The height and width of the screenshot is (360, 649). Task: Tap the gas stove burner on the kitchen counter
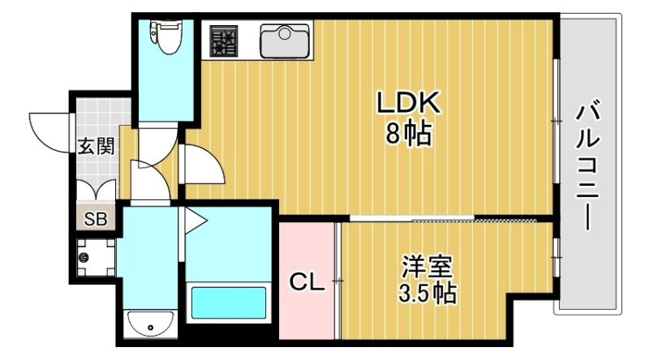(x=224, y=41)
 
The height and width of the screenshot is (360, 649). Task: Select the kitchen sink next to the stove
(x=285, y=41)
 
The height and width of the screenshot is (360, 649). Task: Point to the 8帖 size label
(x=407, y=134)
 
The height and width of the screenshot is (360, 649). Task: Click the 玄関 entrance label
(x=96, y=146)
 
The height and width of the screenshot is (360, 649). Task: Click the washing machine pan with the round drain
(x=97, y=257)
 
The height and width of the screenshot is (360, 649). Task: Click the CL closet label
(x=308, y=283)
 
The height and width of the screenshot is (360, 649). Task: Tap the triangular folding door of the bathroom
(x=194, y=218)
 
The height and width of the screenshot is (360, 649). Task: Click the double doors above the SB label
(x=97, y=191)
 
